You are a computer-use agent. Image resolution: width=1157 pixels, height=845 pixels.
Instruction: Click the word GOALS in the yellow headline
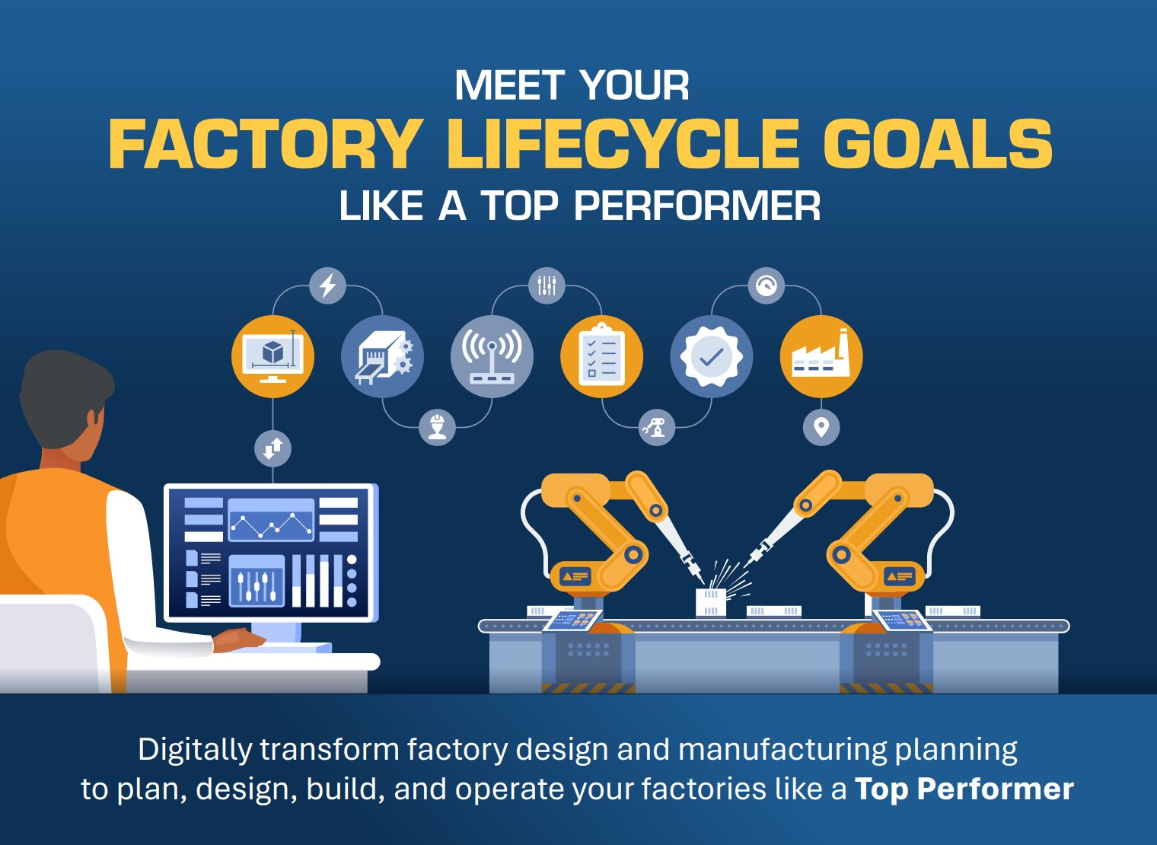tap(938, 144)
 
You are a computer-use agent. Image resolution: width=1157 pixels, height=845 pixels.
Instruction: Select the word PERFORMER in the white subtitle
tap(696, 206)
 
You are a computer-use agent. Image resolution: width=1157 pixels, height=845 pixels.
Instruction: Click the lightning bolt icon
tap(327, 285)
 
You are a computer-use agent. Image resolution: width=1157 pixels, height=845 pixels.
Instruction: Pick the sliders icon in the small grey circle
tap(547, 285)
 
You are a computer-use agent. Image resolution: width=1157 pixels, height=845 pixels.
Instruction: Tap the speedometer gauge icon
tap(767, 285)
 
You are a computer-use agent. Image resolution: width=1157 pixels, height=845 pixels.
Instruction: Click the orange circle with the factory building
tap(821, 356)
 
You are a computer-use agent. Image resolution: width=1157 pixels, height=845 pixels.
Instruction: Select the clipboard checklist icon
tap(602, 356)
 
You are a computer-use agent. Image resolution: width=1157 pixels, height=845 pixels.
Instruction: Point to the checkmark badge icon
tap(712, 356)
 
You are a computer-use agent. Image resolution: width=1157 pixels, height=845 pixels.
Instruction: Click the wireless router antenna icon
tap(492, 356)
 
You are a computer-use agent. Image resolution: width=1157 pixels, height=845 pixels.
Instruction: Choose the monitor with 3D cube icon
tap(273, 356)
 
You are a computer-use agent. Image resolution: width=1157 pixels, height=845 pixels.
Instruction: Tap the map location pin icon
tap(821, 427)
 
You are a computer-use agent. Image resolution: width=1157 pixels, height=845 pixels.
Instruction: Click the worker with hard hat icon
tap(437, 427)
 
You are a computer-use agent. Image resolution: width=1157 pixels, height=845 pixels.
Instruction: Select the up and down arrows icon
tap(273, 448)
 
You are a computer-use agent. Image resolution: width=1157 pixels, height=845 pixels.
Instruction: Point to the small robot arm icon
tap(656, 427)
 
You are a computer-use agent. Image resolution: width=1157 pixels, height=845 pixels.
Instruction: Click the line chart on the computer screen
tap(271, 520)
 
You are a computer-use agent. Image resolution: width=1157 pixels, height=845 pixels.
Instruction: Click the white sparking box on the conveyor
tap(711, 602)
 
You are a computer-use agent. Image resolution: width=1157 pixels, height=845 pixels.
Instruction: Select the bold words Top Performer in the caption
tap(964, 789)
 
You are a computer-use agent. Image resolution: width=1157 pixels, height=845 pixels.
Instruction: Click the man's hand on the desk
tap(238, 639)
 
